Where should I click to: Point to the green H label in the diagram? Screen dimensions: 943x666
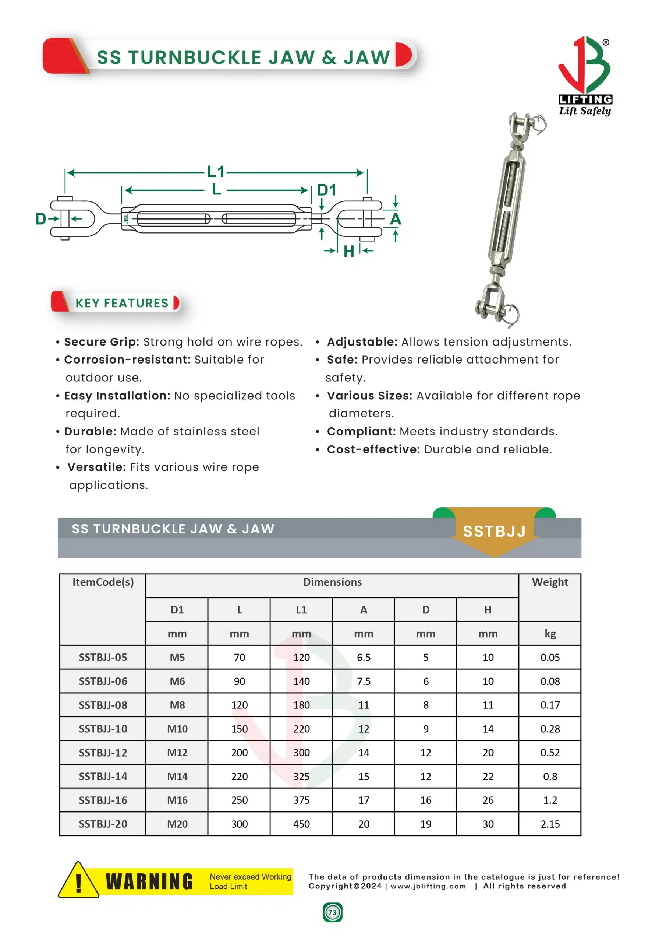349,251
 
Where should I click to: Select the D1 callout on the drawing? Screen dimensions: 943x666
327,190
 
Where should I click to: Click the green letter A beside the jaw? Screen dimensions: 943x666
395,219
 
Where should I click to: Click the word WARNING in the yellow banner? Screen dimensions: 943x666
149,882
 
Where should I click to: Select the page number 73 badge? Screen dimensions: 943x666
332,912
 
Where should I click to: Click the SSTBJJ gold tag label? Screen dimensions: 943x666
494,532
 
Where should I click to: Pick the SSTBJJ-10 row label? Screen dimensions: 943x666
103,729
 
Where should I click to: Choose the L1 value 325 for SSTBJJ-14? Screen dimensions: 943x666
301,777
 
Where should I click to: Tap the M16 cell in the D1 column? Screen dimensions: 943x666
177,800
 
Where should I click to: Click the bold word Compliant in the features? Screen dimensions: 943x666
361,431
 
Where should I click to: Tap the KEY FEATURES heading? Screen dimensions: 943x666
122,303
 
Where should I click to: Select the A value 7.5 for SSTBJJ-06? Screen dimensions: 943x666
364,681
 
